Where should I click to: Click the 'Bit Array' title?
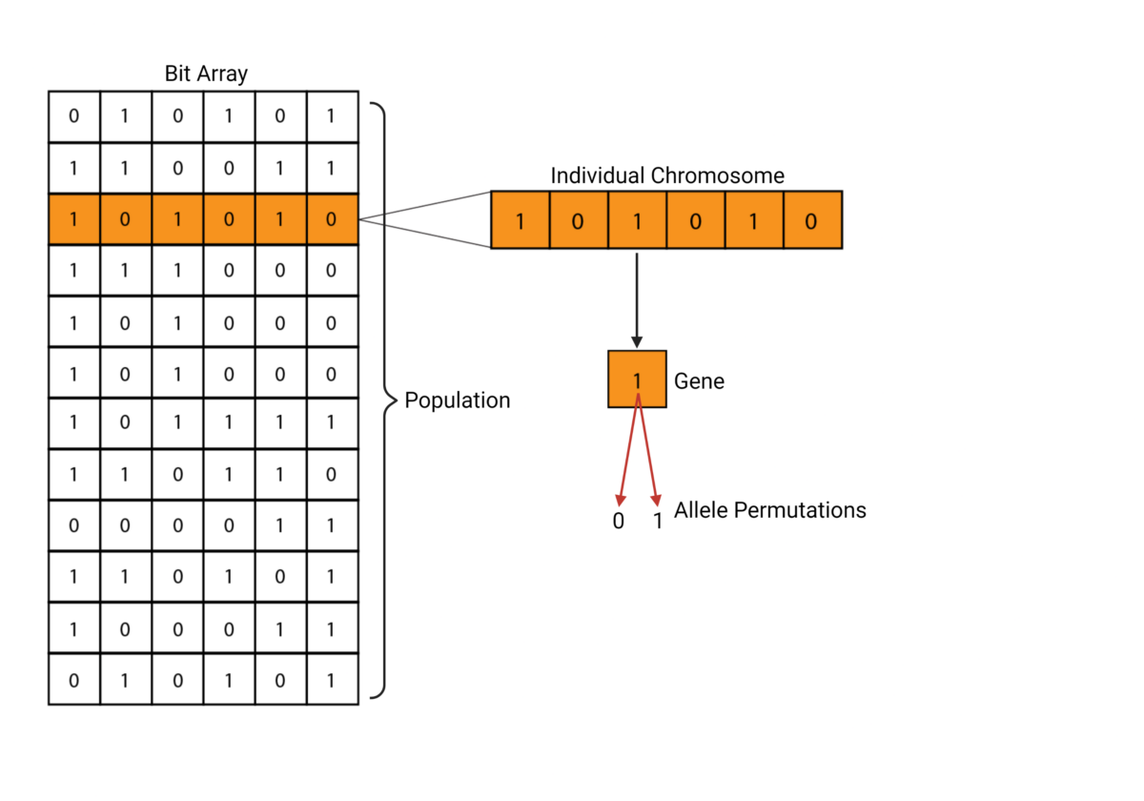206,74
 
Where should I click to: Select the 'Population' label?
458,400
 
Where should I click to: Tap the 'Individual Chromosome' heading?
667,176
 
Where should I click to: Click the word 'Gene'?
699,381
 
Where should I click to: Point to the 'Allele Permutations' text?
769,510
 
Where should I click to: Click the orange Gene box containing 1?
637,380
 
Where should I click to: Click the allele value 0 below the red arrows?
618,522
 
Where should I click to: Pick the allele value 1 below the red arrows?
657,522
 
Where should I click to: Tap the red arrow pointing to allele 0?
627,453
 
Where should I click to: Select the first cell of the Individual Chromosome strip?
520,220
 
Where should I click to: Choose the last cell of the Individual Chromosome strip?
812,220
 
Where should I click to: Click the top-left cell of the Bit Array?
74,116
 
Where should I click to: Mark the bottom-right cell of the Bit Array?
332,679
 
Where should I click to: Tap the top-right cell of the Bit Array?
332,116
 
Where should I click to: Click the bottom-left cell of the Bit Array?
74,679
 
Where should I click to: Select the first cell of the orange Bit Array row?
74,219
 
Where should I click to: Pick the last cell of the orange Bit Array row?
332,219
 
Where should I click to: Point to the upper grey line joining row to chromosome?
424,205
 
